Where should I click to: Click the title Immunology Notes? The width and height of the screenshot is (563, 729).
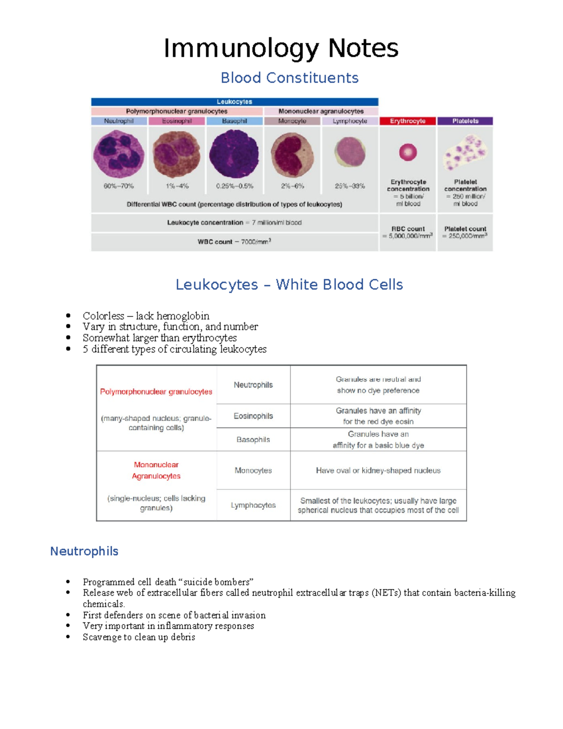[x=281, y=48]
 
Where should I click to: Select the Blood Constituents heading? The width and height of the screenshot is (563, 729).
[x=289, y=78]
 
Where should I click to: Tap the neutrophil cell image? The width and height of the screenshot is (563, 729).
[x=119, y=154]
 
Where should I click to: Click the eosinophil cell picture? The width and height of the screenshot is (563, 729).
[x=176, y=154]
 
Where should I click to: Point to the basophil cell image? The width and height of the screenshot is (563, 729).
[x=234, y=154]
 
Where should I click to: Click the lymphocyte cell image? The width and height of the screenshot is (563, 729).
[x=350, y=152]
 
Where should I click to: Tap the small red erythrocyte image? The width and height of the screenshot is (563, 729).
[x=408, y=152]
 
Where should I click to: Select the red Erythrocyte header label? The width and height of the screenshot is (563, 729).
[x=408, y=121]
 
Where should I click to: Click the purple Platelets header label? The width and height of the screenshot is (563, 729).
[x=465, y=121]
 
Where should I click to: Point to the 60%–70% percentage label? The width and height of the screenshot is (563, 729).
[x=119, y=186]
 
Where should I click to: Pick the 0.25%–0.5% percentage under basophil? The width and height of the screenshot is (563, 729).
[x=235, y=186]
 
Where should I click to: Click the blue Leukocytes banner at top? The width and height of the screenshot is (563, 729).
[x=235, y=102]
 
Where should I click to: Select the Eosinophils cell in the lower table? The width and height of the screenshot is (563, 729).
[x=253, y=416]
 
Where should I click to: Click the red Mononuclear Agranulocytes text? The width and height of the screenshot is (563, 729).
[x=156, y=470]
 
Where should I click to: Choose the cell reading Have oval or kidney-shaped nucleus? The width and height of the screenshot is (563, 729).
[x=378, y=470]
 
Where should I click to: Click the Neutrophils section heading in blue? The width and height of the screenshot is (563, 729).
[x=84, y=551]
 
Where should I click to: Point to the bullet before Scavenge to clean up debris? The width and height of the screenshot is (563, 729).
[x=68, y=637]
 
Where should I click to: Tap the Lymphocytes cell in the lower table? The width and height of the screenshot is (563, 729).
[x=253, y=505]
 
